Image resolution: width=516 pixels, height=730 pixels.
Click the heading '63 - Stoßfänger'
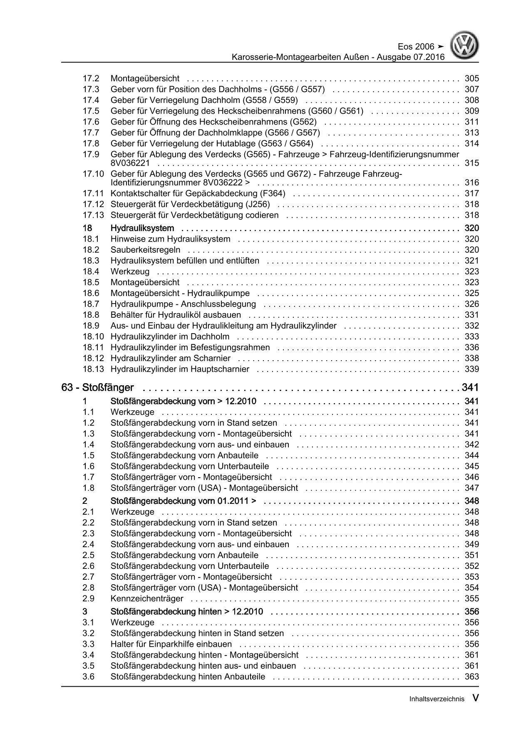click(97, 388)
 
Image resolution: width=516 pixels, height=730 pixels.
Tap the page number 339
click(472, 369)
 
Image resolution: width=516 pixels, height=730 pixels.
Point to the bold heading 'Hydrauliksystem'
click(142, 228)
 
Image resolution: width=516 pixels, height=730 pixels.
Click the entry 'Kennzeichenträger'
click(147, 598)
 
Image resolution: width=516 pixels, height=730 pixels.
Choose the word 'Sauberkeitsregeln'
click(146, 250)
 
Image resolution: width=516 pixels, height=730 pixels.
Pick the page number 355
click(472, 598)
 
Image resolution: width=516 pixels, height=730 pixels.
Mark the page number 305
click(472, 78)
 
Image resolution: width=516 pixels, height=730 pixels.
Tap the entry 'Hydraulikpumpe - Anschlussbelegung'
click(183, 304)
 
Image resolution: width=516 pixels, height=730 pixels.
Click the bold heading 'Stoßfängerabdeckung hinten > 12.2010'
click(187, 612)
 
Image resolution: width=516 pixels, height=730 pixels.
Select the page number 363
click(472, 677)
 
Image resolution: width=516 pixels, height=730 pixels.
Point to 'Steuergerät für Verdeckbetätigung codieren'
click(195, 215)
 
